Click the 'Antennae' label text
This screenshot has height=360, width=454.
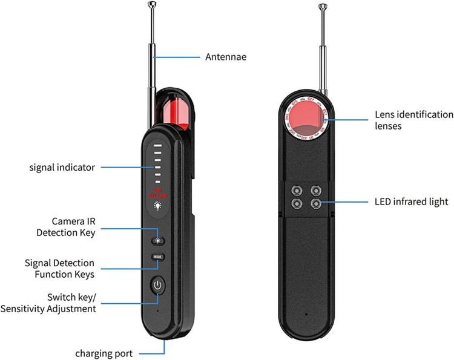(x=225, y=57)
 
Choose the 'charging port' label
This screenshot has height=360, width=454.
(x=104, y=353)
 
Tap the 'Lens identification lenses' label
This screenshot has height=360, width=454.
(x=413, y=120)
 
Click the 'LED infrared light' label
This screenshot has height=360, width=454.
(x=412, y=201)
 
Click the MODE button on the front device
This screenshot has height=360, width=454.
(x=157, y=255)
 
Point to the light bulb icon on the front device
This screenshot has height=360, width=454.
(x=157, y=206)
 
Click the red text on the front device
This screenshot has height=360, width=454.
(x=157, y=192)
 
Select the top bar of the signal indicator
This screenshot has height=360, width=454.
(x=157, y=146)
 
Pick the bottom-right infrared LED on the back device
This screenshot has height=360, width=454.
(x=315, y=204)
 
